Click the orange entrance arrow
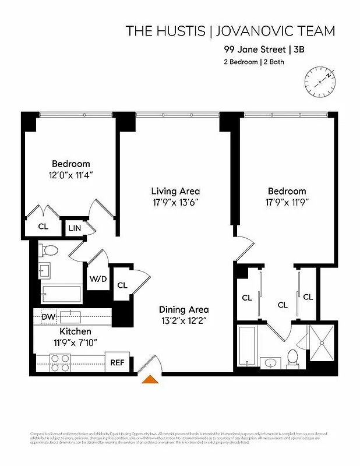(x=150, y=380)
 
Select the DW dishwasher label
(x=48, y=317)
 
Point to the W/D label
(x=98, y=278)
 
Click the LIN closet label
(x=75, y=228)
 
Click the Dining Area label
(x=183, y=310)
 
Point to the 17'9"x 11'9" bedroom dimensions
(x=287, y=203)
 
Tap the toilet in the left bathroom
(x=48, y=250)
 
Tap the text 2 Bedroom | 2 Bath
(x=254, y=62)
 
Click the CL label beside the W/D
(x=122, y=285)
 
